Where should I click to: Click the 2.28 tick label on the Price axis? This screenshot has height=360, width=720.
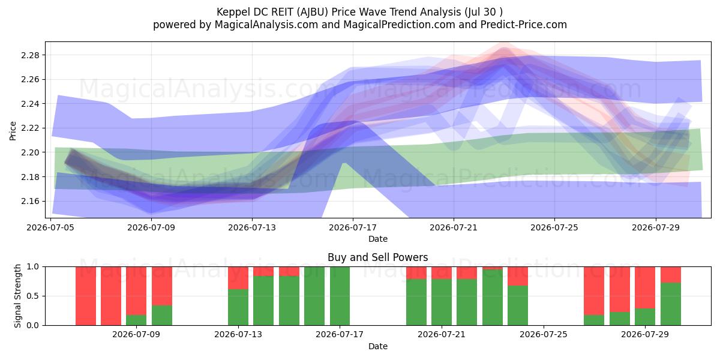[30, 55]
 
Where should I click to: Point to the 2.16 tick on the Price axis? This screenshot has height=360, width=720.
[30, 201]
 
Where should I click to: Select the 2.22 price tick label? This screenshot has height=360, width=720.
[30, 128]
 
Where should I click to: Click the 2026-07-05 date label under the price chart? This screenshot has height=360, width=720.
[50, 227]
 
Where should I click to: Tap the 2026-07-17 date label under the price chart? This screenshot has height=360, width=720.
[353, 227]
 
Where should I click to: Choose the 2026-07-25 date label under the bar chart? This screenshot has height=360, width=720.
[544, 334]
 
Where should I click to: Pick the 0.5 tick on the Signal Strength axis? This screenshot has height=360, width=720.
[32, 296]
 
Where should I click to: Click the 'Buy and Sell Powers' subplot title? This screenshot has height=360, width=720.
[377, 257]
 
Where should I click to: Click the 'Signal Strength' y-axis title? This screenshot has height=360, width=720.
[17, 296]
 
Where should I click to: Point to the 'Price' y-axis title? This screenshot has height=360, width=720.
[13, 131]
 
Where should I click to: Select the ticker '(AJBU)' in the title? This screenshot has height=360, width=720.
[313, 12]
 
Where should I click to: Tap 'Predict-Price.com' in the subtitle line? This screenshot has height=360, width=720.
[524, 25]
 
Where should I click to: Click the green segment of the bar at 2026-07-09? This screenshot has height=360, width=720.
[136, 320]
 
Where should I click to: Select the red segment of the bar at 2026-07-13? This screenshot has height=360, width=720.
[238, 278]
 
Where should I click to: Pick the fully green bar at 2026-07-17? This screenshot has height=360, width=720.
[340, 296]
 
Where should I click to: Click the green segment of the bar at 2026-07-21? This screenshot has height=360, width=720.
[442, 302]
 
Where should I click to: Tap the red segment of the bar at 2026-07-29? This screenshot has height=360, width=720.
[645, 287]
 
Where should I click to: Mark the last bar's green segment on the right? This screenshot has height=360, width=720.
[671, 304]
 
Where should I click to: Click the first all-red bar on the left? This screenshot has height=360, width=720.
[86, 296]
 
